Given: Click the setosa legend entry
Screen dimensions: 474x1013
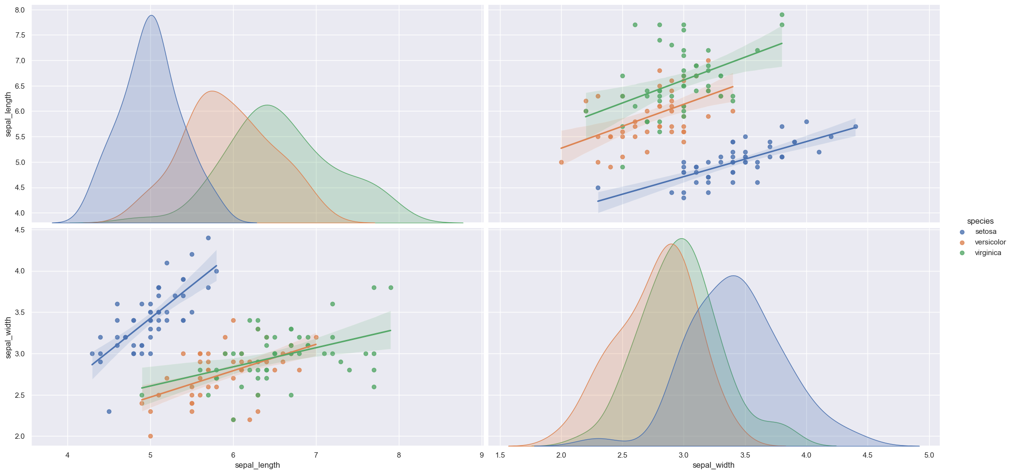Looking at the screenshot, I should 982,231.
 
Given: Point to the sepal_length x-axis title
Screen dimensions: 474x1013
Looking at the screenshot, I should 257,465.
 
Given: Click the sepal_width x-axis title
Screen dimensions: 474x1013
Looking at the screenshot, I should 713,465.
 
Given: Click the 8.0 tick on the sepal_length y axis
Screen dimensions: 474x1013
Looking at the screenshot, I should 20,10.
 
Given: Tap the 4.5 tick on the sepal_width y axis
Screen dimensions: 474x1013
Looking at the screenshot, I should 20,230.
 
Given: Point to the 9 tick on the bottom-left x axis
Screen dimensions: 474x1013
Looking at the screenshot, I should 482,455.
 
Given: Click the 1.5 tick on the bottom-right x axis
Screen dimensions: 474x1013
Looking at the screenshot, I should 500,455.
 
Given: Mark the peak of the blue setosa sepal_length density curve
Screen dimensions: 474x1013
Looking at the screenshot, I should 151,15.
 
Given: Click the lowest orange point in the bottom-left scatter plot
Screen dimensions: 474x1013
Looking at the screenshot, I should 150,436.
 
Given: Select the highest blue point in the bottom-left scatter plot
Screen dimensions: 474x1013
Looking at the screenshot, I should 208,238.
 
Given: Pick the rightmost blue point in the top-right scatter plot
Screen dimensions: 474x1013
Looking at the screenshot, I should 855,126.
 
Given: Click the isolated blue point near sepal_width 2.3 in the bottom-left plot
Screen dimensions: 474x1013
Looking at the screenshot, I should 109,411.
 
